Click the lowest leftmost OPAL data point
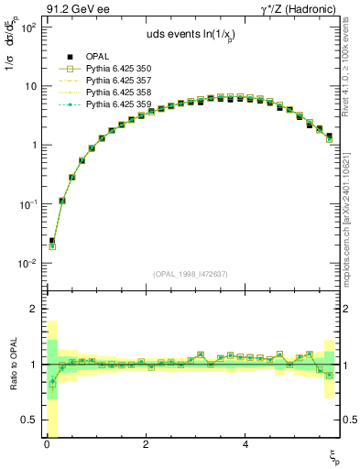click(x=51, y=241)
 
